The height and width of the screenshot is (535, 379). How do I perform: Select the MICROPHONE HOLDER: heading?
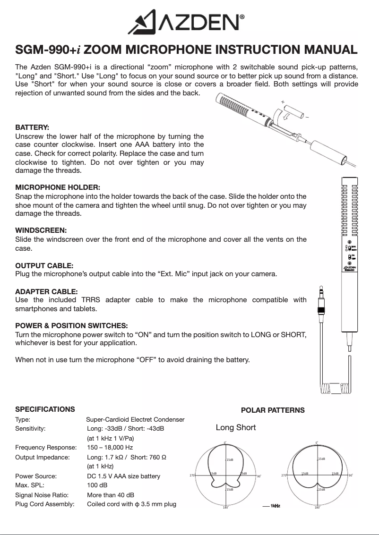coord(58,187)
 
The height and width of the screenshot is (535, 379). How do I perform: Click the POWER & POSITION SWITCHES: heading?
coord(72,326)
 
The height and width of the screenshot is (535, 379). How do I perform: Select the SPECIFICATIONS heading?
coord(45,409)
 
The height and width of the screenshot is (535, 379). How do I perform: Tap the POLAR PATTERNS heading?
coord(273,410)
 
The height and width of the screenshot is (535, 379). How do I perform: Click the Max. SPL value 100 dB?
coord(97,485)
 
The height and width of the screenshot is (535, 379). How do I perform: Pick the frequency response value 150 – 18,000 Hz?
coord(110,447)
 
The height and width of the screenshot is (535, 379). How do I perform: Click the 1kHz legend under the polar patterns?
coord(273,506)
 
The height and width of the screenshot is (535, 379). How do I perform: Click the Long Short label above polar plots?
coord(236,427)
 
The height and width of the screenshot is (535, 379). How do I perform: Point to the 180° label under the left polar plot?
coord(226,508)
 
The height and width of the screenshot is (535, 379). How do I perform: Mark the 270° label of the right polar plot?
coord(284,476)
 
